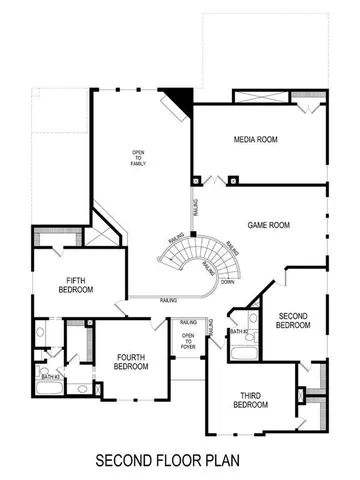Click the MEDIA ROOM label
tap(255, 139)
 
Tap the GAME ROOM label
tap(269, 226)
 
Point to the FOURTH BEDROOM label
tap(131, 361)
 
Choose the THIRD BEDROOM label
tap(251, 400)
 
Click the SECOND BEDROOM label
tap(293, 320)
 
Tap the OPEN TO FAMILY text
tap(138, 158)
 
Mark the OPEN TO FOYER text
tap(187, 341)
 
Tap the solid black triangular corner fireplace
tap(180, 99)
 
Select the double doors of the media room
tap(213, 181)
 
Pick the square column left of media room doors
tap(195, 181)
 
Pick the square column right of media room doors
tap(232, 181)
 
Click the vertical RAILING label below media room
tap(196, 207)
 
